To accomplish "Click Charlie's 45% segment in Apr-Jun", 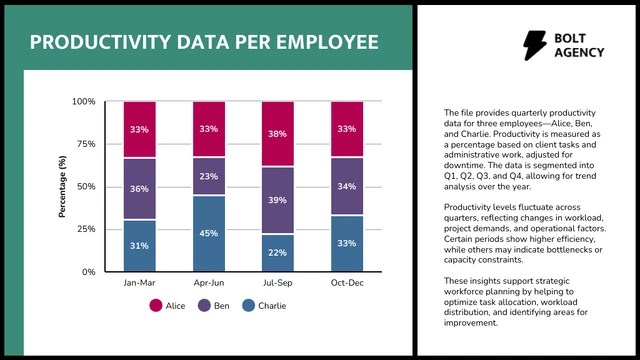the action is point(209,233).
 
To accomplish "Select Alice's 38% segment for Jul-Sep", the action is point(278,134).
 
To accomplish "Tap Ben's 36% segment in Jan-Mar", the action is point(140,189).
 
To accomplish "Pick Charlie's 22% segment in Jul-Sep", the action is point(278,253).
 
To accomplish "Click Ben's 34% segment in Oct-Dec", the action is point(347,186).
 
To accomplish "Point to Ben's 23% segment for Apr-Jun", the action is point(209,176).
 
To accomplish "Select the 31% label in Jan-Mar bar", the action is point(139,246).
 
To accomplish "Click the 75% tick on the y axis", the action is point(86,144).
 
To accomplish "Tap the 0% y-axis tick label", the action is point(89,272).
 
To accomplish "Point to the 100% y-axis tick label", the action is point(84,101).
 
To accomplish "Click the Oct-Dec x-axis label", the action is point(347,283).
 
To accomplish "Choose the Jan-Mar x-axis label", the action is point(140,283).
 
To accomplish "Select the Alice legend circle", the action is point(156,306).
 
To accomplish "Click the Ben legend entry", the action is point(213,306).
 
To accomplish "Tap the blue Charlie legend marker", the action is point(248,306).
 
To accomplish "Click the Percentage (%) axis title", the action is point(62,187).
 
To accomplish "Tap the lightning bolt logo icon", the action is point(535,45).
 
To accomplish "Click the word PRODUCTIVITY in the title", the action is point(100,42).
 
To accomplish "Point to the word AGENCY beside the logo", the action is point(579,53).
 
